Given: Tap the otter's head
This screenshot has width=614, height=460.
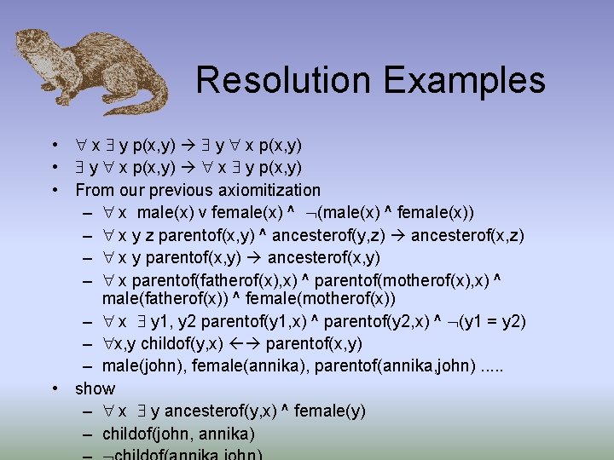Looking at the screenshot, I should coord(35,48).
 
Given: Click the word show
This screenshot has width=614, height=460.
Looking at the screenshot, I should coord(95,388).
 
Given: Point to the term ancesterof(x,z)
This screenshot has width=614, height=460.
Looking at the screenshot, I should coord(467,234).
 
